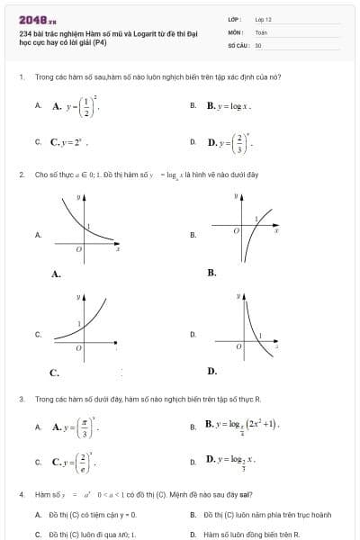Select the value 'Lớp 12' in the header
pyautogui.click(x=263, y=18)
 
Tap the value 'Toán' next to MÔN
pyautogui.click(x=261, y=31)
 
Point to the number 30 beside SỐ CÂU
pyautogui.click(x=258, y=43)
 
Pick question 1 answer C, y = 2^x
pyautogui.click(x=69, y=141)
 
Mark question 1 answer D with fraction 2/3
pyautogui.click(x=230, y=141)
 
